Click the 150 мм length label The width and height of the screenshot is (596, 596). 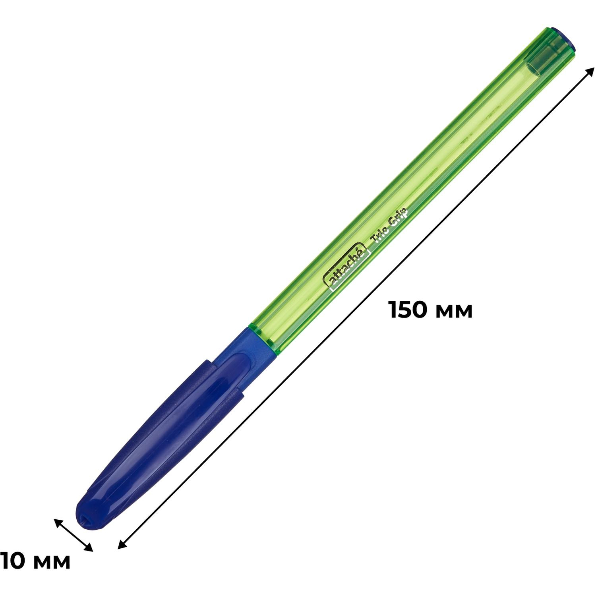[431, 310]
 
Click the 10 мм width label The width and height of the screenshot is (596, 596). [35, 561]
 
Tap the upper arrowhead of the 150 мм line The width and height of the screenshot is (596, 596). [590, 72]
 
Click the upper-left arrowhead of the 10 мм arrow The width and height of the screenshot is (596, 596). [58, 522]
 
